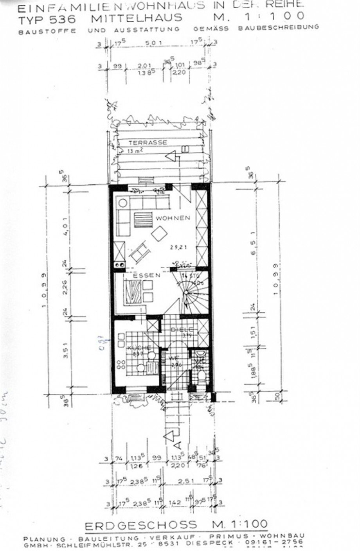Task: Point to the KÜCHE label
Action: point(139,348)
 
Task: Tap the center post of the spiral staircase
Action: point(189,293)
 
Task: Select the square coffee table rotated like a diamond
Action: point(160,233)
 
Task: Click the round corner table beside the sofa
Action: point(123,203)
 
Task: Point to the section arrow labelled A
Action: point(173,435)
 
